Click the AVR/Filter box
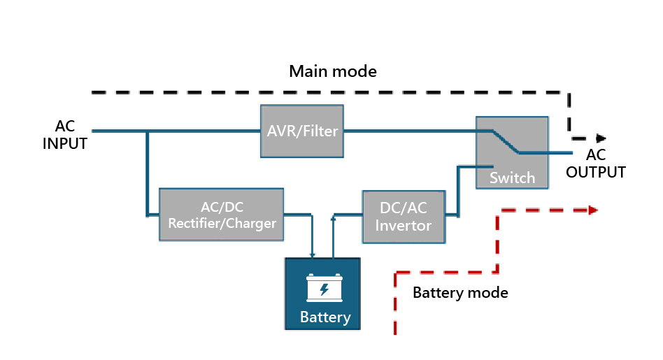tap(302, 131)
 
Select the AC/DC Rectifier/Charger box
tap(221, 215)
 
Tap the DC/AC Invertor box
tap(403, 216)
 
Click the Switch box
tap(511, 152)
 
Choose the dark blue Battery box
tap(323, 294)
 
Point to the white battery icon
tap(325, 288)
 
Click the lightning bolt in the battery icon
tap(325, 289)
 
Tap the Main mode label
tap(333, 71)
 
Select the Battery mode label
tap(460, 292)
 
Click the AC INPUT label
tap(65, 136)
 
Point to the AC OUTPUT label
tap(595, 164)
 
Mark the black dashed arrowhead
tap(601, 138)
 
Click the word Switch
tap(512, 178)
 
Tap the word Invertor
tap(404, 226)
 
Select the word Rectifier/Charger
tap(222, 224)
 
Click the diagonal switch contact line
tap(504, 141)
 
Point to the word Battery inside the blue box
tap(325, 317)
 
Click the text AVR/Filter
tap(302, 131)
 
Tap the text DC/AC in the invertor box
tap(404, 208)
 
